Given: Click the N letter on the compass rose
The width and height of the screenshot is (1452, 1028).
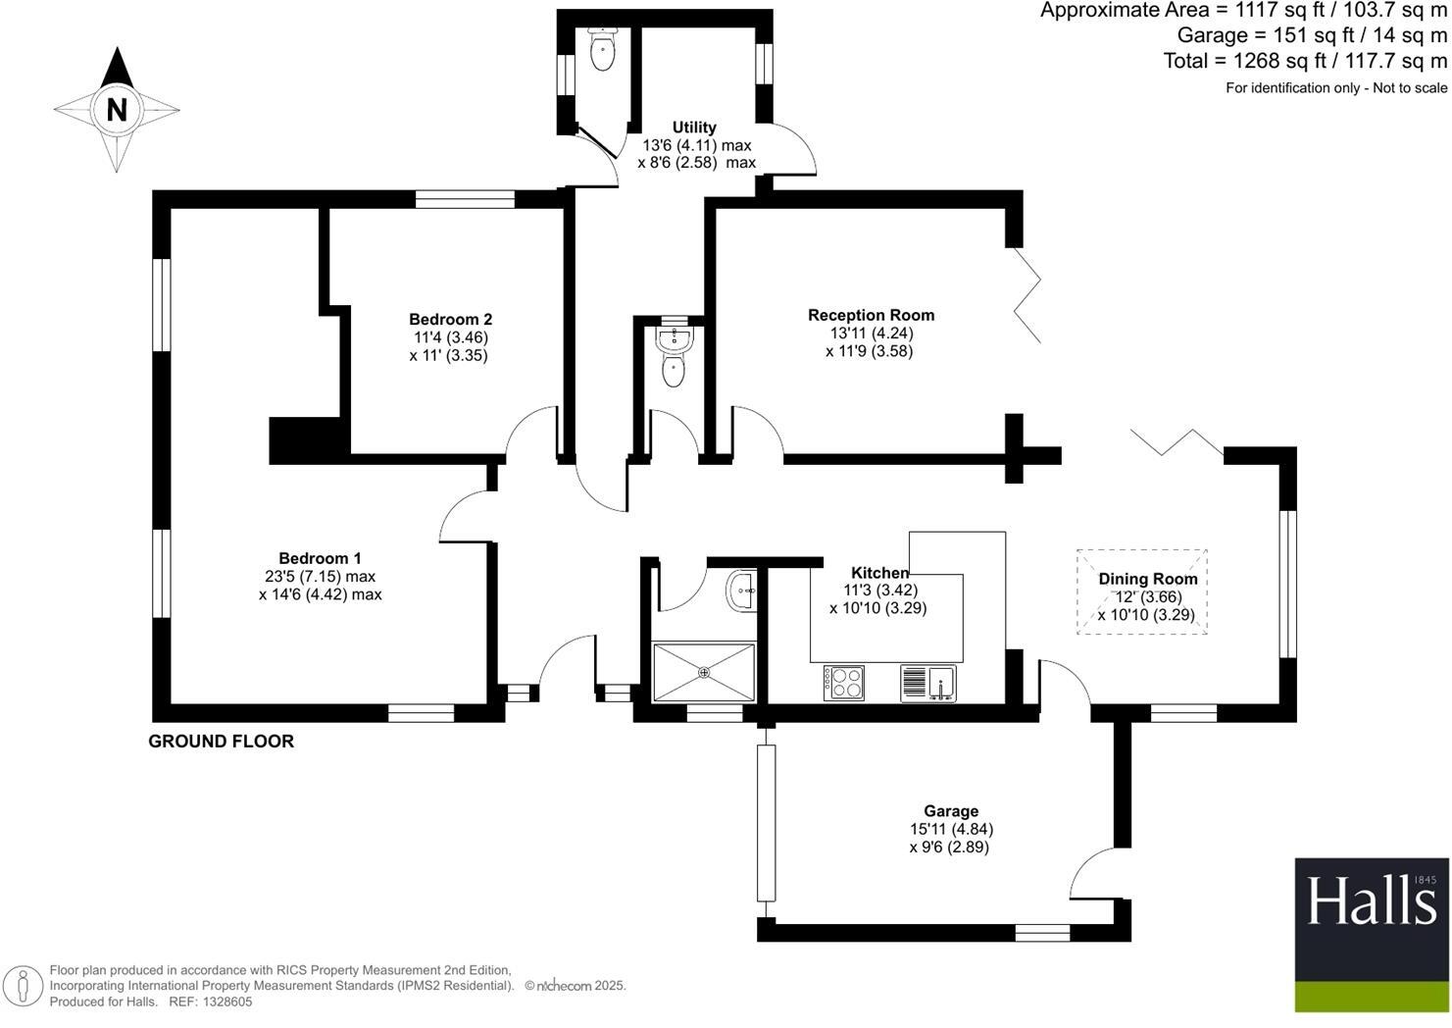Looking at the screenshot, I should pyautogui.click(x=117, y=109).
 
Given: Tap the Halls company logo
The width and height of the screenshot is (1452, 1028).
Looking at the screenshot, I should pyautogui.click(x=1371, y=934).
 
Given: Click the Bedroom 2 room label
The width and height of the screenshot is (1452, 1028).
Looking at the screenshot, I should pyautogui.click(x=450, y=319).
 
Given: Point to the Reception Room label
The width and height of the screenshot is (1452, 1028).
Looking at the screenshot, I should pyautogui.click(x=871, y=315).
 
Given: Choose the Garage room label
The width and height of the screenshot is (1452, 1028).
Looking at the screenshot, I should pyautogui.click(x=950, y=810).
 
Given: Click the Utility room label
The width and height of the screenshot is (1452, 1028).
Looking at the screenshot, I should pyautogui.click(x=694, y=127).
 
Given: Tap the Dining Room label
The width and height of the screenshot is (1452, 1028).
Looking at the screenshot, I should pyautogui.click(x=1147, y=579).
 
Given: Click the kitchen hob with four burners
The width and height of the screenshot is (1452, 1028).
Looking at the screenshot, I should pyautogui.click(x=844, y=683).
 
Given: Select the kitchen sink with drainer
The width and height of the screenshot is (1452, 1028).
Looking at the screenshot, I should pyautogui.click(x=927, y=683).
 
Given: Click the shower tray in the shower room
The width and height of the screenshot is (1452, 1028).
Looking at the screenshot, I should pyautogui.click(x=704, y=672).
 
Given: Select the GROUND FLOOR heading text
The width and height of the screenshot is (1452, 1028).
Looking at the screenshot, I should pyautogui.click(x=221, y=742).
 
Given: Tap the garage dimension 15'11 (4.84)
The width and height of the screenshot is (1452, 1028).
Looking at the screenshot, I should pyautogui.click(x=951, y=829).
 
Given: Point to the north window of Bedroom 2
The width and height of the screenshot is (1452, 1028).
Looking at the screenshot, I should pyautogui.click(x=465, y=199).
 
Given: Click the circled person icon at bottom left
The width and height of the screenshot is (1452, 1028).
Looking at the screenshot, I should pyautogui.click(x=24, y=986).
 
